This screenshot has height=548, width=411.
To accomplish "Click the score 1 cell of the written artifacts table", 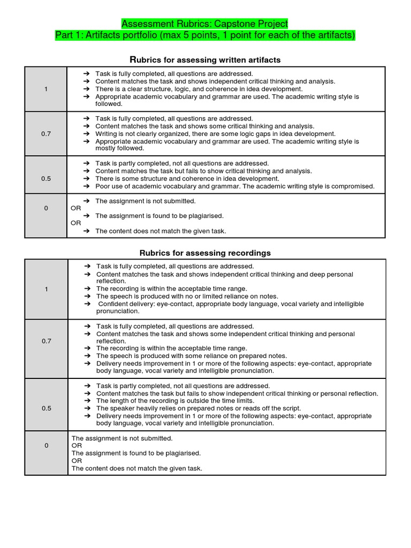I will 46,89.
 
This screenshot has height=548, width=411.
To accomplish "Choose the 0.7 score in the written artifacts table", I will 46,134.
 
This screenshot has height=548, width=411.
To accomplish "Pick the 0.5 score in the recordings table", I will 47,408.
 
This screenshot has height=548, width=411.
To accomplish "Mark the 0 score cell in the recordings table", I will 47,445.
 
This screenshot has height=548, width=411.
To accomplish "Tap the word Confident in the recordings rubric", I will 114,303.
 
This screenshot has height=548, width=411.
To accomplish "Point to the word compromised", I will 353,186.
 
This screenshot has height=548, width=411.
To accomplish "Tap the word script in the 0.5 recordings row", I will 290,408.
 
